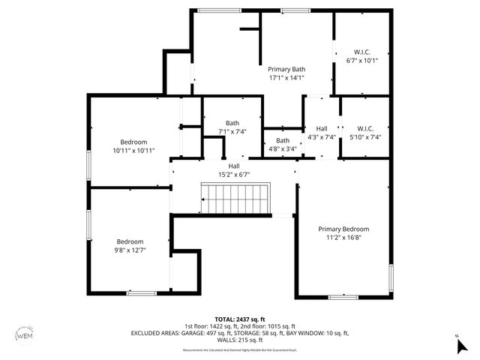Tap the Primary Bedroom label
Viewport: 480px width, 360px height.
click(x=343, y=229)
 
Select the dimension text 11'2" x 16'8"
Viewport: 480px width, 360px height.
click(x=343, y=238)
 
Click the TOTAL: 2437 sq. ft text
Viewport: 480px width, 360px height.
click(x=240, y=319)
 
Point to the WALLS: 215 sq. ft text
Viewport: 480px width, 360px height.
click(x=240, y=339)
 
